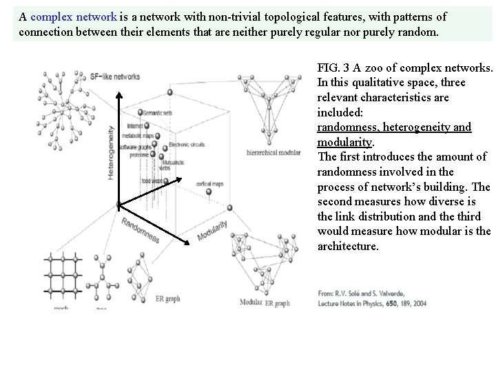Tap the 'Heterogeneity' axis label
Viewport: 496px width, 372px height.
click(111, 157)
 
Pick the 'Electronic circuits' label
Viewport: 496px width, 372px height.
click(192, 145)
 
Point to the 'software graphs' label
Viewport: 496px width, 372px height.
click(137, 147)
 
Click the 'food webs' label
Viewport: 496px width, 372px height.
click(152, 180)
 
